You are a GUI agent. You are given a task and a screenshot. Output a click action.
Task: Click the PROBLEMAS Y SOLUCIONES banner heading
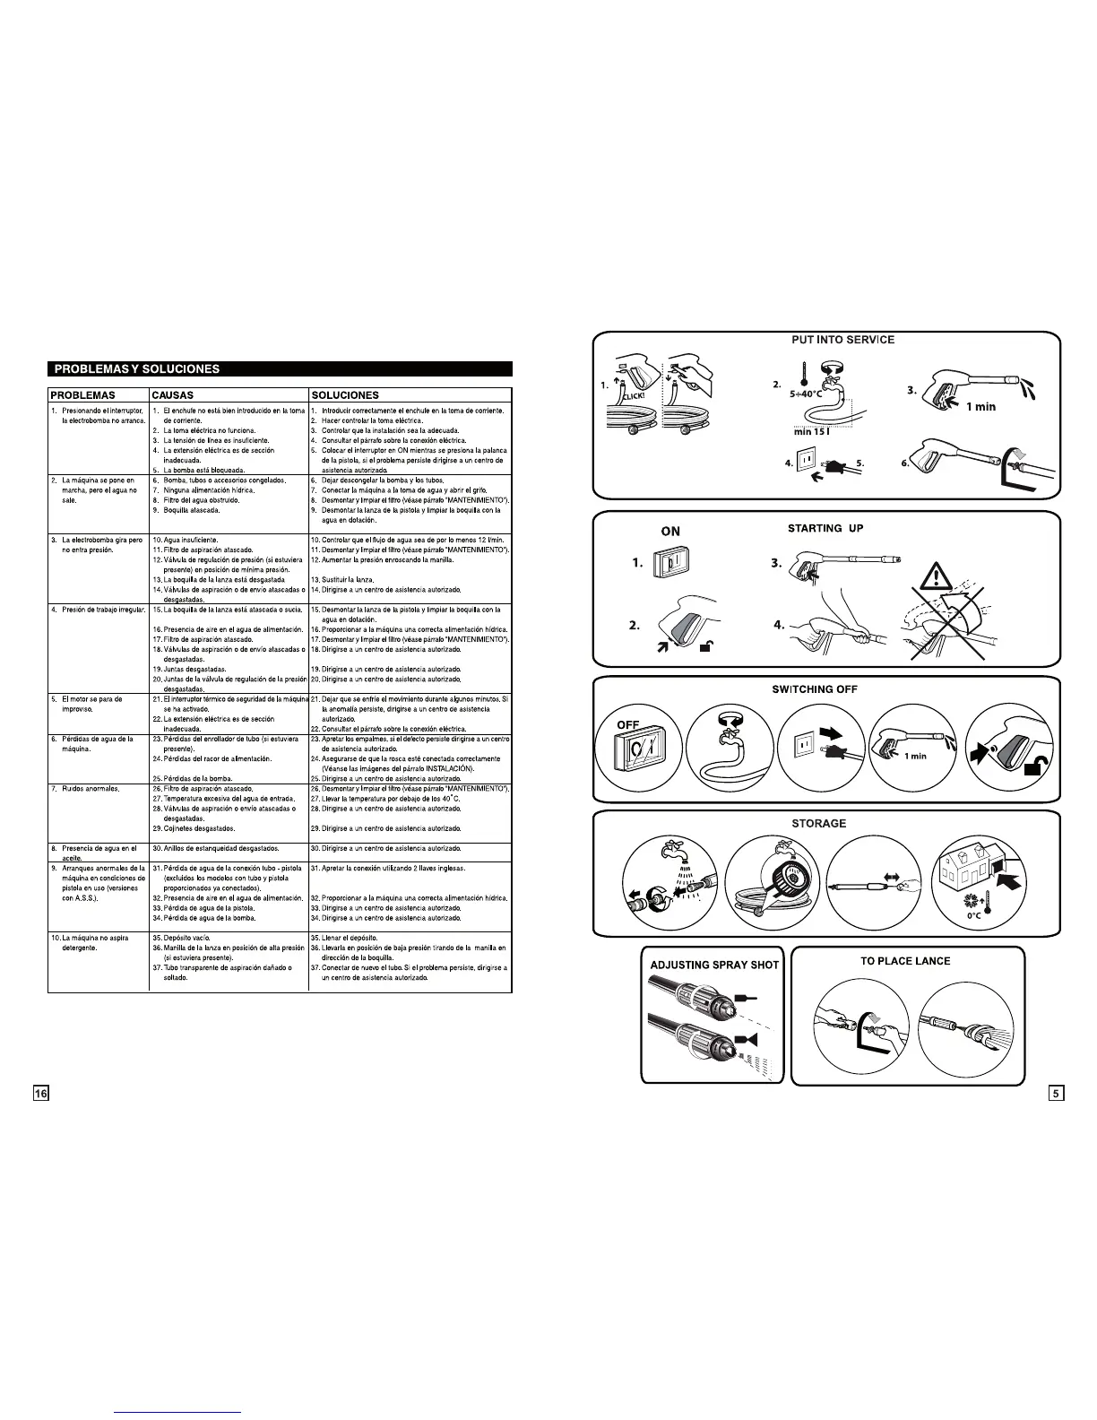click(137, 368)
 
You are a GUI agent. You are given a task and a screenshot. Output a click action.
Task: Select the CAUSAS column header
click(173, 394)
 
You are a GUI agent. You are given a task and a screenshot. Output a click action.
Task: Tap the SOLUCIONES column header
click(344, 394)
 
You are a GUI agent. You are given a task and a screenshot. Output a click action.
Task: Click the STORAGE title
click(818, 823)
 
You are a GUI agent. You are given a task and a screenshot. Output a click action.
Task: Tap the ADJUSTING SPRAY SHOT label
click(714, 965)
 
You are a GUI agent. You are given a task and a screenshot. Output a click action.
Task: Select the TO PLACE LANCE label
click(905, 961)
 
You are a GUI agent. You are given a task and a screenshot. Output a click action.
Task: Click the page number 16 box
click(41, 1093)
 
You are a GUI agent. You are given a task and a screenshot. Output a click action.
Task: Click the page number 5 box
click(1057, 1093)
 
